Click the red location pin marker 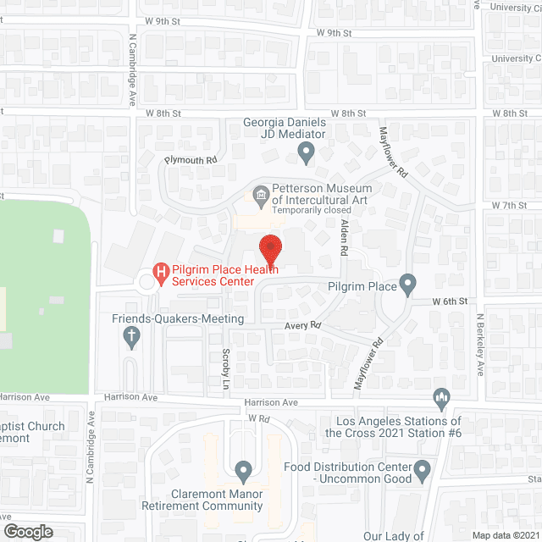(270, 248)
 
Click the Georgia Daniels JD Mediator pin (307, 153)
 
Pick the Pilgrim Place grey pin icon (408, 285)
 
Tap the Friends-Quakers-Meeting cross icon (131, 338)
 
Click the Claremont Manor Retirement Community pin (244, 471)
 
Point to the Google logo (28, 531)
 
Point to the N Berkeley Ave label (479, 346)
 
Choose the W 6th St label (450, 301)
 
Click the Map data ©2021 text (506, 534)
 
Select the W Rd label (258, 419)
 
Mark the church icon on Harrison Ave (440, 397)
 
